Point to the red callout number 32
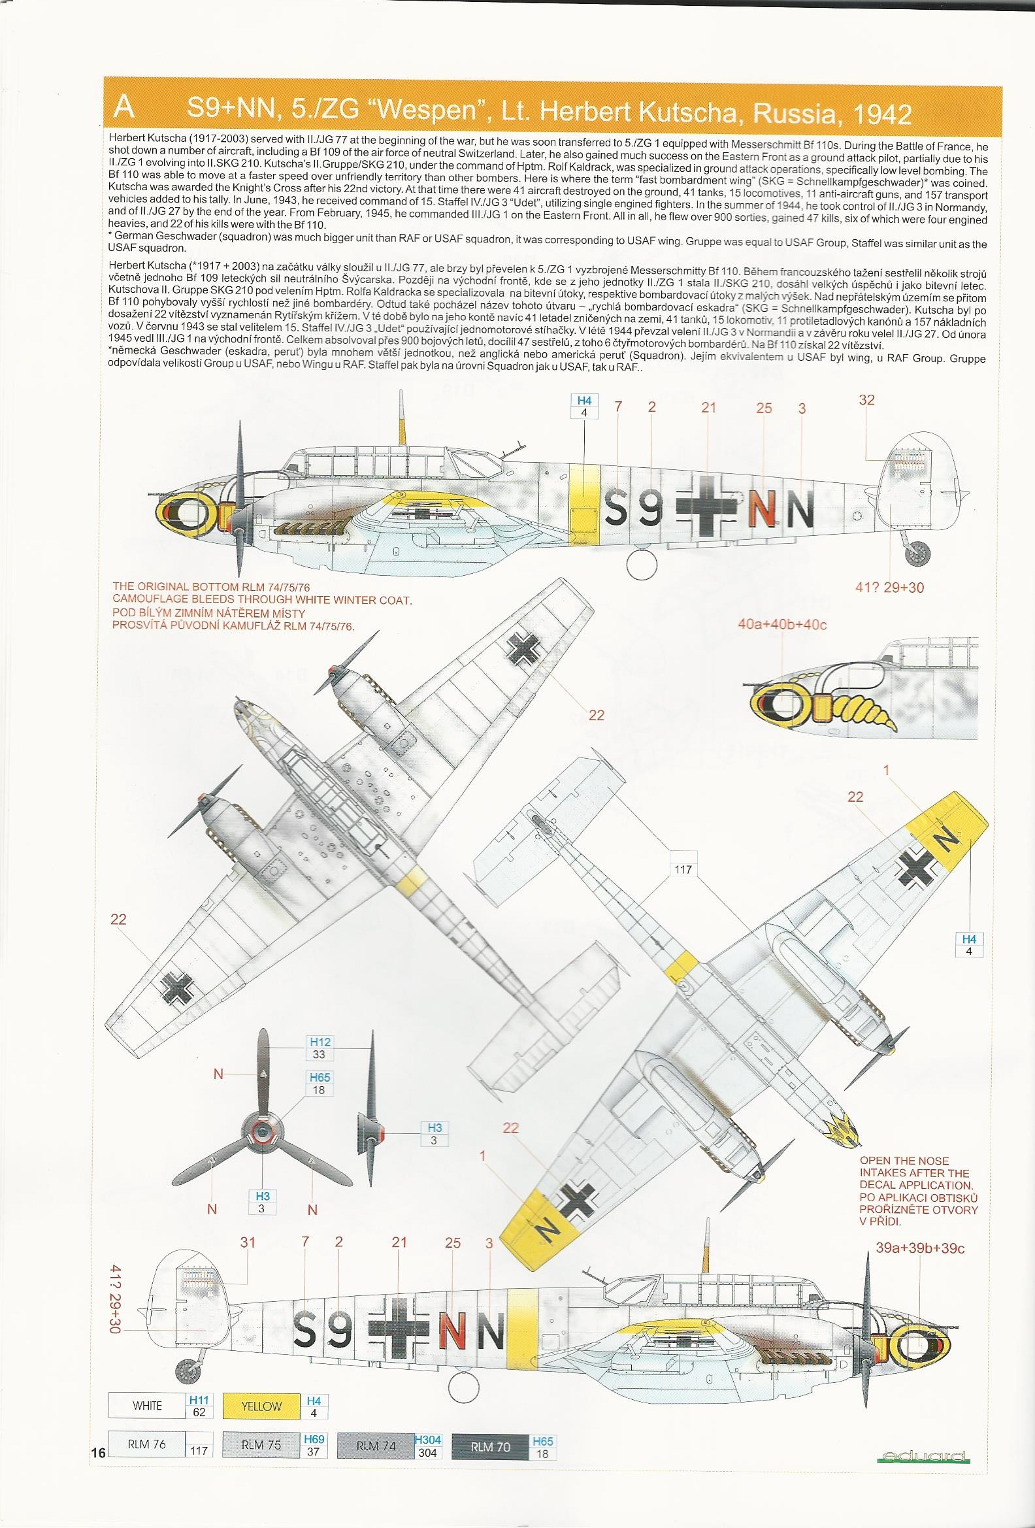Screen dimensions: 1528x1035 point(867,401)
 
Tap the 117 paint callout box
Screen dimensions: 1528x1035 point(683,870)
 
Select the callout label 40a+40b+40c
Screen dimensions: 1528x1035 point(782,624)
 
